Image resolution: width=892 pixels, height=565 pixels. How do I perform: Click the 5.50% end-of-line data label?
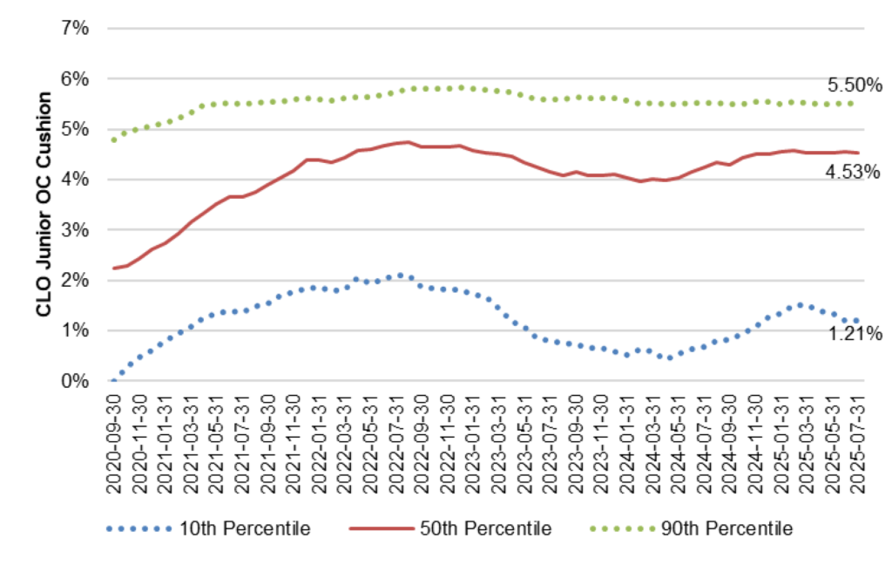(x=855, y=85)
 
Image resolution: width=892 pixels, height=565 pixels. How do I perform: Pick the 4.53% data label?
(x=853, y=172)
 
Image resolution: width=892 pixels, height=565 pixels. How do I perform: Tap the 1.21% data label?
(x=855, y=333)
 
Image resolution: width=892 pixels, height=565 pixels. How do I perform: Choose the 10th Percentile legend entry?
(x=245, y=528)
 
